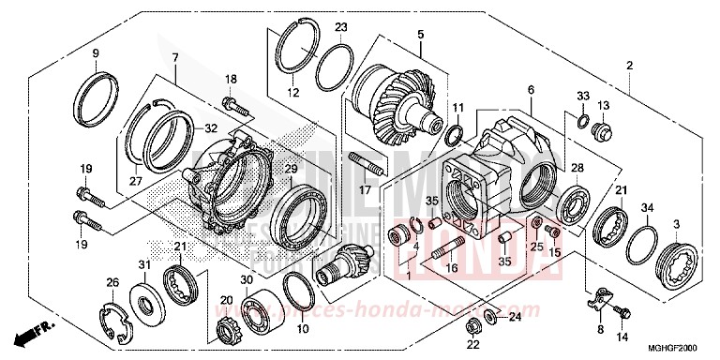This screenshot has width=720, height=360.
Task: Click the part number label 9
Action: pos(95,53)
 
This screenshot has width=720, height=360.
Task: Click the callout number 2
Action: pos(631,65)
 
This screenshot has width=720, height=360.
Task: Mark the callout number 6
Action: pos(532,90)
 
